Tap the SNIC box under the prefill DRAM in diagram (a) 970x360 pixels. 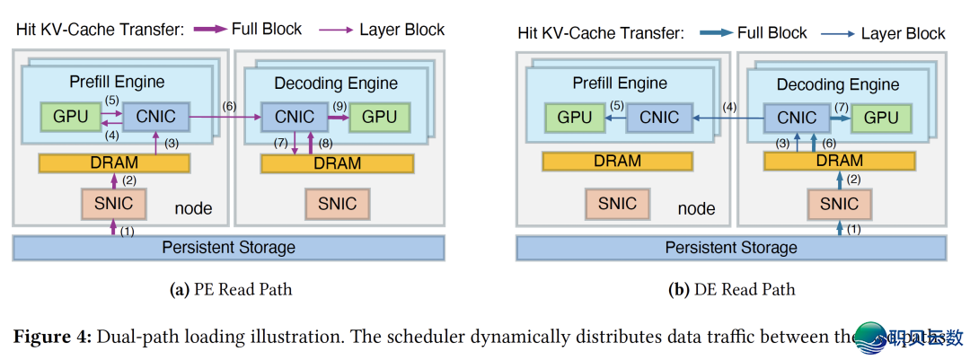point(113,204)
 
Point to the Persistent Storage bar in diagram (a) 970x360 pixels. point(228,247)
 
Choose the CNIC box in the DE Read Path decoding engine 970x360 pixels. point(796,118)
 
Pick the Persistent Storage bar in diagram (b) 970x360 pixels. point(730,247)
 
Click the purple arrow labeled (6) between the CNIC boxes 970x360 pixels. point(225,117)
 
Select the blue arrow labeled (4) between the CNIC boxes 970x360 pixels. point(727,117)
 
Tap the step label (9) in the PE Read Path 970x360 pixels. point(339,106)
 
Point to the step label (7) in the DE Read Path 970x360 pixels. point(841,107)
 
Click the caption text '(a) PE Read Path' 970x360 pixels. point(231,289)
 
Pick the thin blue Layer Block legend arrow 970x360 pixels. point(833,34)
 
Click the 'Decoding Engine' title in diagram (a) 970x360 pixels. point(335,83)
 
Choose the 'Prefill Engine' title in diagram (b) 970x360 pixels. point(620,83)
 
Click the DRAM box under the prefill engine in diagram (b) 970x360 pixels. point(617,162)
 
